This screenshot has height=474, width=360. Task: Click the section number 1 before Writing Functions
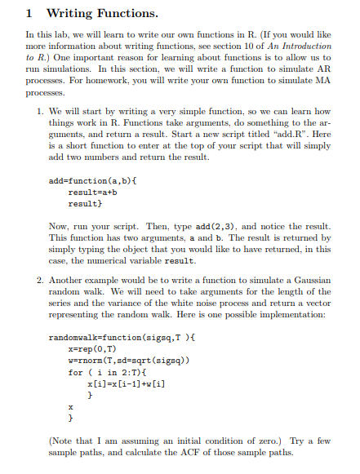pos(29,14)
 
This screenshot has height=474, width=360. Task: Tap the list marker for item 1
pos(41,111)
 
